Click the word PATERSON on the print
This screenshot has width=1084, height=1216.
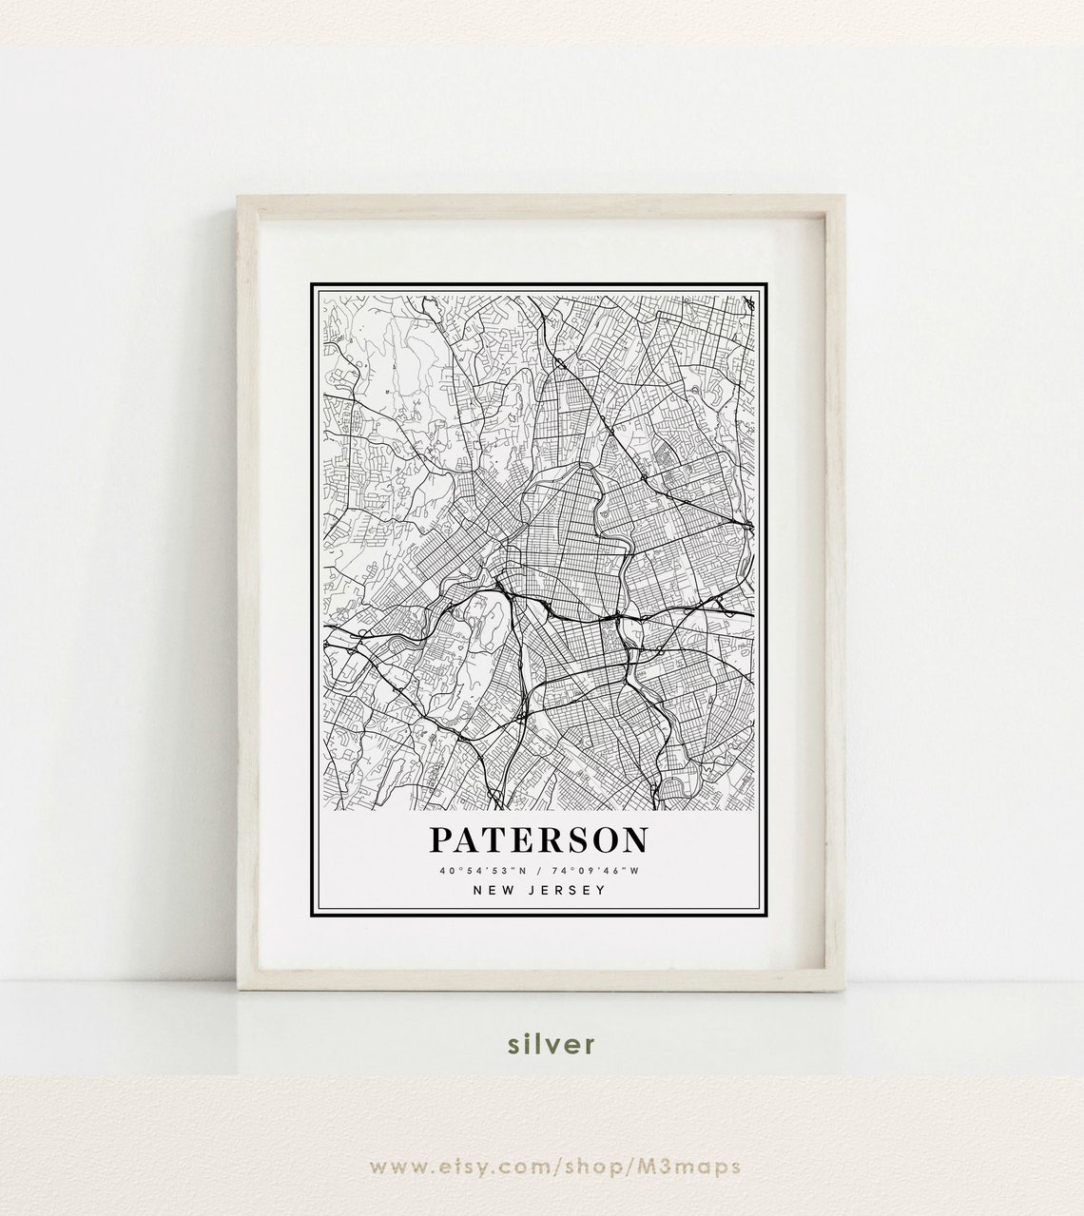point(539,840)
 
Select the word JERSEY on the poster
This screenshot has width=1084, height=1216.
point(567,891)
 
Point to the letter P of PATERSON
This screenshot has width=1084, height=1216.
point(442,840)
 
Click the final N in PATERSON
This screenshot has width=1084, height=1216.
point(634,840)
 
